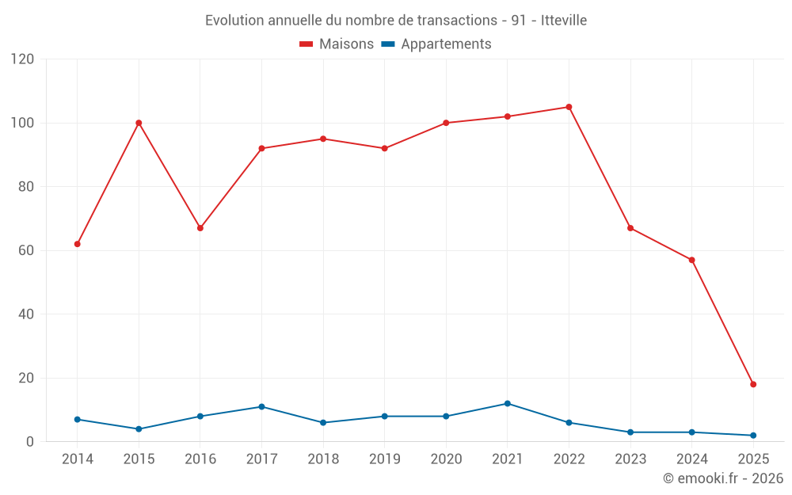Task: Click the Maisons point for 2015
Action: click(139, 123)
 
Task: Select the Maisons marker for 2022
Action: click(569, 107)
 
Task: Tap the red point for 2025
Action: click(753, 384)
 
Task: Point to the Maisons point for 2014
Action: click(77, 244)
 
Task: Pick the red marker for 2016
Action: click(200, 228)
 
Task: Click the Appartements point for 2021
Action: click(508, 403)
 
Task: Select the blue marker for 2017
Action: click(261, 406)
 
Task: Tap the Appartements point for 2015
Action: click(139, 428)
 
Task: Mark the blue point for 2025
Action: click(753, 435)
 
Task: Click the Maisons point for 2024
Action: click(691, 260)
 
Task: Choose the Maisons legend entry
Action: click(337, 44)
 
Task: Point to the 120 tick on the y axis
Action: click(24, 59)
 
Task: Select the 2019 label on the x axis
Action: click(385, 459)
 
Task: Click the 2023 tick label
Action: click(630, 459)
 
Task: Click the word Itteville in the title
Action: click(564, 21)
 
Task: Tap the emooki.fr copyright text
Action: click(722, 478)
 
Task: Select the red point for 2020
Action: click(446, 123)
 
